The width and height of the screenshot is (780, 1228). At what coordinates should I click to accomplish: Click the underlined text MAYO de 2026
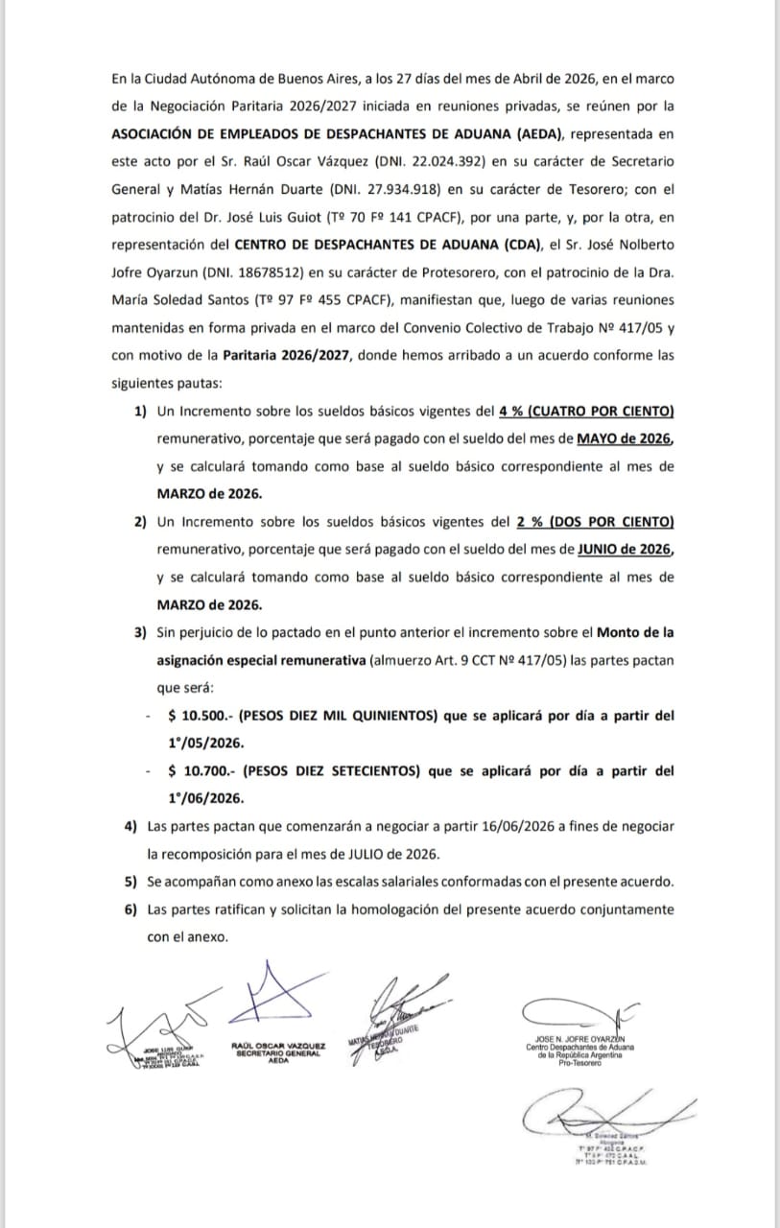(x=625, y=438)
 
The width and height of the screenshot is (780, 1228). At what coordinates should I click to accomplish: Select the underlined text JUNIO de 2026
(x=625, y=549)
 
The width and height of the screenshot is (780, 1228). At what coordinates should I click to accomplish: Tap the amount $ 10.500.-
(x=200, y=716)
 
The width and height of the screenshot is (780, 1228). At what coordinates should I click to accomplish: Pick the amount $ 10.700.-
(x=200, y=770)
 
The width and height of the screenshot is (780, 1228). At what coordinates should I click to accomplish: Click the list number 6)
(x=130, y=909)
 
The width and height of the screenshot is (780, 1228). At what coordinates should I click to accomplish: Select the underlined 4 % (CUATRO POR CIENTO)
(x=587, y=412)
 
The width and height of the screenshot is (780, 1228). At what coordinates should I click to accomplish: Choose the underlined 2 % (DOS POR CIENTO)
(x=595, y=522)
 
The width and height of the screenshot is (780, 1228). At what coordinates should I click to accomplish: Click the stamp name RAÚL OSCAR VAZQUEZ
(x=278, y=1045)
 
